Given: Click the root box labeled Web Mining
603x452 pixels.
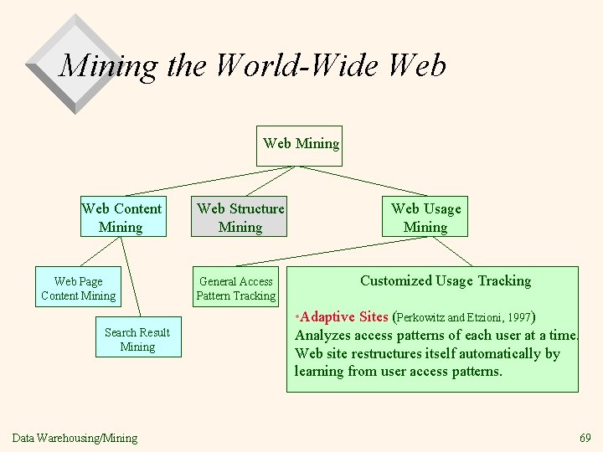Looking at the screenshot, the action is coord(301,143).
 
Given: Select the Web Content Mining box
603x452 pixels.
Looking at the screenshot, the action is coord(121,217).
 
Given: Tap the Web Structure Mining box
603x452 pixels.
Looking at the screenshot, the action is coord(240,217).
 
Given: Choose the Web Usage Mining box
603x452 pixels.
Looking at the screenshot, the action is coord(425,218).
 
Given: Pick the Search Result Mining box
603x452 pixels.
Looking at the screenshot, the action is coord(137,339).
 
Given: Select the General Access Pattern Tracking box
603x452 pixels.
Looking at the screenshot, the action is coord(235,288).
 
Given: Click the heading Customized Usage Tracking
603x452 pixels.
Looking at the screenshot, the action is coord(445,280).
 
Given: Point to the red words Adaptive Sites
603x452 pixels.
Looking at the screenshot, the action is coord(343,318).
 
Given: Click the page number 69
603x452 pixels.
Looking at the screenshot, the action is coord(584,438).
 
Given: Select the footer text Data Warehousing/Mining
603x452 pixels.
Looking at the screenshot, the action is coord(75,438).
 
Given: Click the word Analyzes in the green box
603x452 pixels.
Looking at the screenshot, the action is coord(322,336).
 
